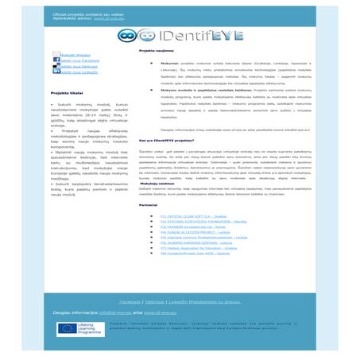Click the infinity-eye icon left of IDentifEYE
point(130,36)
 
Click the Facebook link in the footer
point(130,303)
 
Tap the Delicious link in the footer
point(155,303)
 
